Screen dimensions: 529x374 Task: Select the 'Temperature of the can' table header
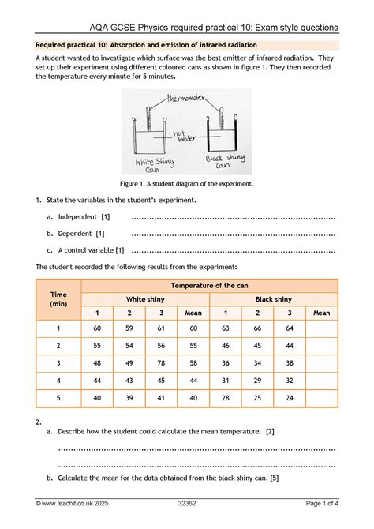click(210, 284)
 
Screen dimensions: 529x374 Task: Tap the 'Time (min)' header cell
click(58, 299)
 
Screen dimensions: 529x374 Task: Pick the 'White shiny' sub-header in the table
click(146, 299)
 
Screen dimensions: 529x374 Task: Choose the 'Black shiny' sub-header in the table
click(274, 299)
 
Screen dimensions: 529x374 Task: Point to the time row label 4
click(58, 381)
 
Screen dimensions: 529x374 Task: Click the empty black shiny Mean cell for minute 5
click(321, 398)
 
